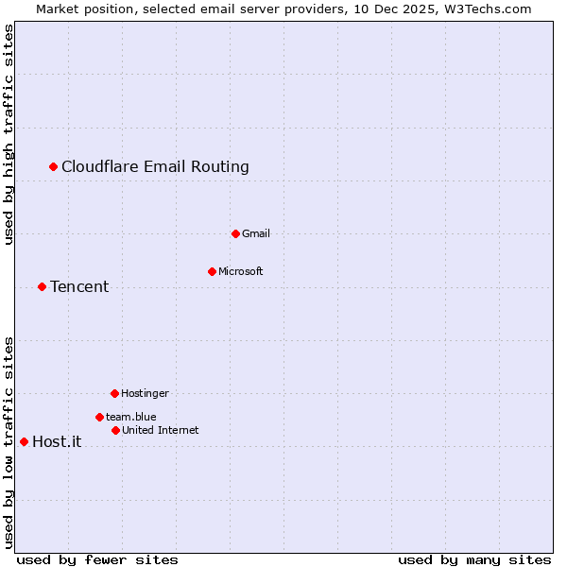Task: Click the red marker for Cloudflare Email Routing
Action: [x=54, y=167]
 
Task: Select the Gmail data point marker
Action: [x=235, y=233]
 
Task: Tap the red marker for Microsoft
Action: [x=212, y=271]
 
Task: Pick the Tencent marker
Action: [x=42, y=286]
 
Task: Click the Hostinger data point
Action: [x=114, y=393]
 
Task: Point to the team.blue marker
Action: [x=99, y=417]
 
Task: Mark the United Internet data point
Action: [x=115, y=430]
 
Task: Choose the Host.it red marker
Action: [x=24, y=441]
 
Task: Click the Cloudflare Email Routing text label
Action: [x=155, y=167]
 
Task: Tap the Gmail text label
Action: [x=255, y=233]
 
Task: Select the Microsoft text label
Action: [x=240, y=271]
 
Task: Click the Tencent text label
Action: [x=79, y=286]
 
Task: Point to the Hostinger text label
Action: [x=145, y=393]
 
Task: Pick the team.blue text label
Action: [x=130, y=417]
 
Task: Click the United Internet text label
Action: [x=160, y=430]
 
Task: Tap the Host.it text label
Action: [x=57, y=441]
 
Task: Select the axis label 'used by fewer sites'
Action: [x=97, y=559]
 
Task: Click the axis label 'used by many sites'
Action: [x=474, y=559]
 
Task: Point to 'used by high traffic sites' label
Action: [x=9, y=134]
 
